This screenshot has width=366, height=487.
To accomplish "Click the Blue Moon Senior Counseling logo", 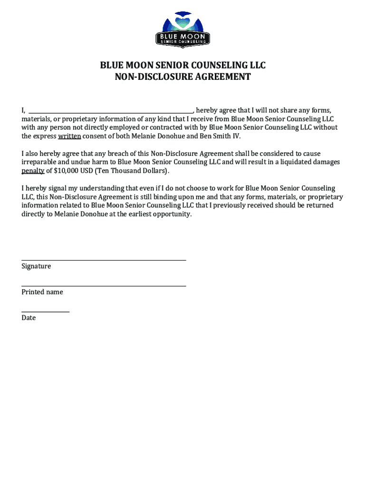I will click(183, 29).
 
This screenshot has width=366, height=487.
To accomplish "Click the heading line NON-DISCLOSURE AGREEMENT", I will click(183, 77).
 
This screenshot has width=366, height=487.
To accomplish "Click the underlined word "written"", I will click(70, 136).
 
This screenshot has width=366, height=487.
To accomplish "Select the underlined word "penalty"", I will click(33, 171).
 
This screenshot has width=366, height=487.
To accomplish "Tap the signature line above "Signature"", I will click(104, 260).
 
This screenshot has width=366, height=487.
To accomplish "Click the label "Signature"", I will click(36, 266).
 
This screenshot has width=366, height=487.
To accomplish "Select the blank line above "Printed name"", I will click(104, 286).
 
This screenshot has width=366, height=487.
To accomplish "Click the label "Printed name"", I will click(42, 292).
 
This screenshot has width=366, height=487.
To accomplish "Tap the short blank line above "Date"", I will click(46, 312).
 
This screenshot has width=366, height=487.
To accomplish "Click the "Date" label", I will click(29, 318).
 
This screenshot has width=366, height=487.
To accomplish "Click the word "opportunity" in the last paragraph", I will click(172, 214).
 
